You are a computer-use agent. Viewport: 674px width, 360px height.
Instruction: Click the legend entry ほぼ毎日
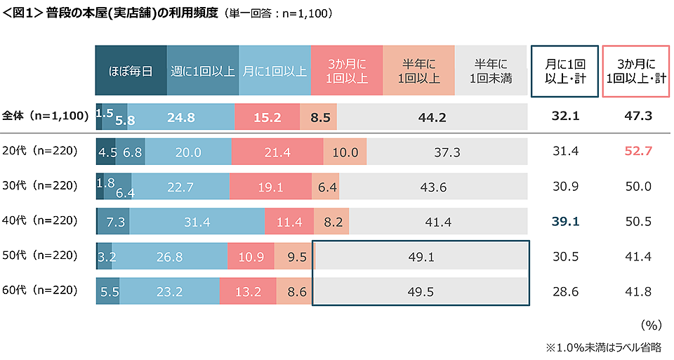(131, 71)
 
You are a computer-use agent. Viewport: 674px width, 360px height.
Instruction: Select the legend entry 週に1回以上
(203, 71)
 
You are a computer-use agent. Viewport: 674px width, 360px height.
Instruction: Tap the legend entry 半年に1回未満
(491, 71)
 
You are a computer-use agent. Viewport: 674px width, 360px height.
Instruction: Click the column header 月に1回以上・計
(564, 71)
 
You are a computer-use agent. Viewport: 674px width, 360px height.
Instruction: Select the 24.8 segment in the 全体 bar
(181, 117)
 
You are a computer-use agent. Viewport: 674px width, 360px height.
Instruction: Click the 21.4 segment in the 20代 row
(277, 152)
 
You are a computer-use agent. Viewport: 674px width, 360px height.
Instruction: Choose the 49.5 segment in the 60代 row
(420, 291)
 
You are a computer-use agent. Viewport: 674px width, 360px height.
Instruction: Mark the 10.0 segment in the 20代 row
(345, 152)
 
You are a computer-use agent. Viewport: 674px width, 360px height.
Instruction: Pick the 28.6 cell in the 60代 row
(565, 290)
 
